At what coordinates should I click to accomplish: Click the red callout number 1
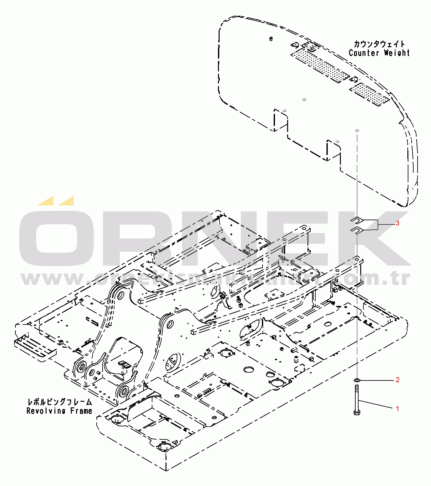397,409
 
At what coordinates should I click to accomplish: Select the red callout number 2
397,380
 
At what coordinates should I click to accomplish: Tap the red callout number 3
397,223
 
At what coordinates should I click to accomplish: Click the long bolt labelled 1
357,400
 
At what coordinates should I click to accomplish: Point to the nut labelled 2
357,380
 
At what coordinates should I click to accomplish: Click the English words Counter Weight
379,53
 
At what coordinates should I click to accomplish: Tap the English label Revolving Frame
59,411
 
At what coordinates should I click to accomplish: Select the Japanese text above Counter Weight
379,44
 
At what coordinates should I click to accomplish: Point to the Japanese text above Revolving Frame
59,402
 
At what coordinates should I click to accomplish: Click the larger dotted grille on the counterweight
320,65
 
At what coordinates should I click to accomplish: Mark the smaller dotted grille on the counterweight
369,94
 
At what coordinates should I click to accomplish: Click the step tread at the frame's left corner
34,347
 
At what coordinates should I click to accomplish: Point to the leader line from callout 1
377,404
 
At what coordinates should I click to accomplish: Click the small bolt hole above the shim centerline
357,130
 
